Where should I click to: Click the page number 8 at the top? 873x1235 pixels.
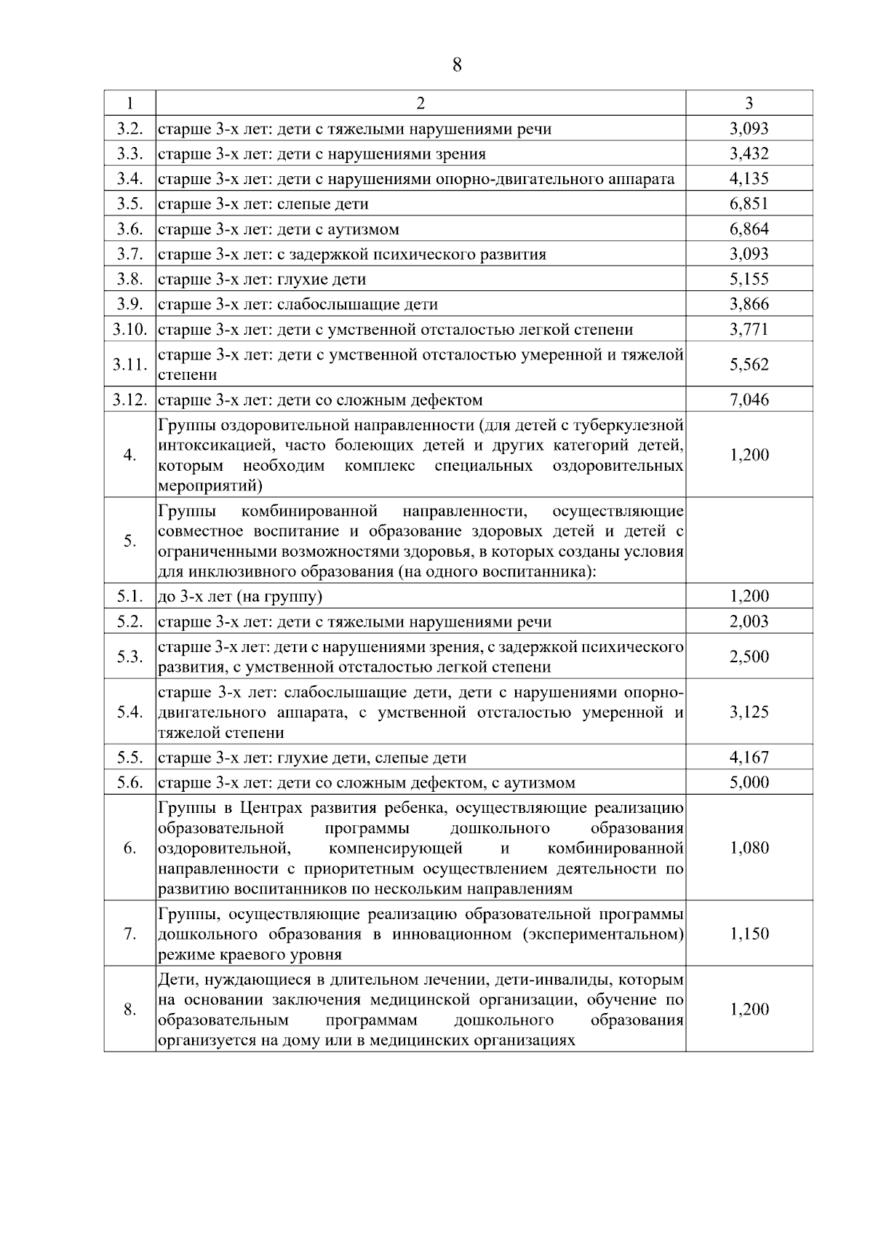(x=457, y=65)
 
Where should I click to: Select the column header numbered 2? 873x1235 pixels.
(x=420, y=103)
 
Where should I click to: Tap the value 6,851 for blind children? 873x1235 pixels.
(x=749, y=204)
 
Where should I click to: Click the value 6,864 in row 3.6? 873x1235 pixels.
(x=749, y=229)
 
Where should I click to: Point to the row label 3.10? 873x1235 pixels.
(x=129, y=329)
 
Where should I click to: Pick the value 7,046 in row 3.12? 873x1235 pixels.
(x=749, y=400)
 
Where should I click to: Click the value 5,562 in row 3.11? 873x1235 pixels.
(x=749, y=365)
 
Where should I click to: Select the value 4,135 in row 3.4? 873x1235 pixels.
(x=749, y=179)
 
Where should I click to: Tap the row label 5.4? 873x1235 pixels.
(x=129, y=712)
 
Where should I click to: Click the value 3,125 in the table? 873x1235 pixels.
(x=749, y=712)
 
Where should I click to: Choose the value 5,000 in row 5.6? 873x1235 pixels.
(x=749, y=782)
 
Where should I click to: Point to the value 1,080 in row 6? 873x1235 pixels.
(x=749, y=848)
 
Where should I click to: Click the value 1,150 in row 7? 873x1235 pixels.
(x=749, y=934)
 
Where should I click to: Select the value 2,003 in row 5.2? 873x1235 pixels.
(x=749, y=622)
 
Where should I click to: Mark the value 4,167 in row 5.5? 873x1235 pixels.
(x=749, y=758)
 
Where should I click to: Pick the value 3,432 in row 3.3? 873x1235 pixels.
(x=749, y=154)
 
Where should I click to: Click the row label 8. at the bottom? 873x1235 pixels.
(x=129, y=1009)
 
